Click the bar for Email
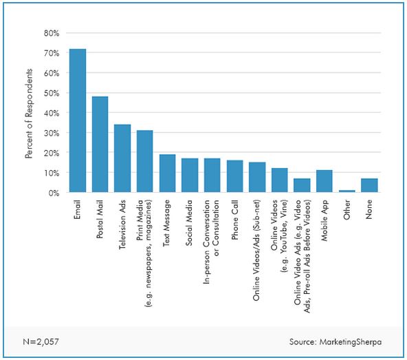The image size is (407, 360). point(78,120)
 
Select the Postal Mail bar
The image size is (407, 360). point(100,145)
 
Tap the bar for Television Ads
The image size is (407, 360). point(122,158)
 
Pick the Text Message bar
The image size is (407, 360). point(168,173)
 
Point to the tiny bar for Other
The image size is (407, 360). point(346,191)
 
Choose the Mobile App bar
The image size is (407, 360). point(324,181)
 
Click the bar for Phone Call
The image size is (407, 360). point(235,176)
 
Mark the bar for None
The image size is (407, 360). point(369,185)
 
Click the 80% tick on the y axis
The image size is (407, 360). point(52,33)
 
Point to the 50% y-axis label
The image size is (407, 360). point(52,93)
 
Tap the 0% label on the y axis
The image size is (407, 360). point(54,193)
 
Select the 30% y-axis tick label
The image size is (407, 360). point(52,133)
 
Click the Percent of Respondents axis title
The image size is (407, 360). point(29,114)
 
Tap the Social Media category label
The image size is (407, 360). point(188,223)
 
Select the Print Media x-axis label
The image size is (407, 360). point(144,253)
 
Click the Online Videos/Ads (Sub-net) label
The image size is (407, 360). point(256,251)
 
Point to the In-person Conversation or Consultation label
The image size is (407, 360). point(211,242)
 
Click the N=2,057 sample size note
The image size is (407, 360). point(41,341)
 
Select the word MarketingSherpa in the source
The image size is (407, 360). point(351,342)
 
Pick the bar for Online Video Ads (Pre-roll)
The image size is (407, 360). point(302,185)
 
